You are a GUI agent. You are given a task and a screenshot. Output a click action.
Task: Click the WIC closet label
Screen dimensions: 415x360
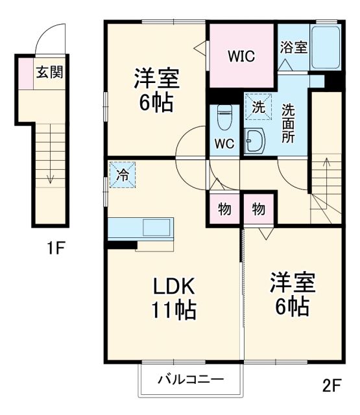(241, 56)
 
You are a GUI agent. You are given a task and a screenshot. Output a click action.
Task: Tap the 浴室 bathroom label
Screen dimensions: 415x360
(293, 47)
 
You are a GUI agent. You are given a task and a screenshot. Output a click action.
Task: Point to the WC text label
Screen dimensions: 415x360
(225, 144)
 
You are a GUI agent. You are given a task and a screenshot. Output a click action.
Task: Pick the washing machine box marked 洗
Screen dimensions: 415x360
(258, 108)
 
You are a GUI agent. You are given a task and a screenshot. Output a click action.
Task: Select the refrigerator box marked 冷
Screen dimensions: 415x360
(122, 174)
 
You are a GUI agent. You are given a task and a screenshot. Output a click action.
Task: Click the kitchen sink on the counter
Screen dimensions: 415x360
(156, 228)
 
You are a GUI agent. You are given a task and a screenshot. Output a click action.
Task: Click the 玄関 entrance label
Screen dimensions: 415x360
(49, 72)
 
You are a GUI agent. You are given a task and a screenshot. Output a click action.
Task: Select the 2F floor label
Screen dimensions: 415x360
(331, 386)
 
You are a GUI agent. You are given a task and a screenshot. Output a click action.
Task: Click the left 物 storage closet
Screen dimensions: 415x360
(224, 209)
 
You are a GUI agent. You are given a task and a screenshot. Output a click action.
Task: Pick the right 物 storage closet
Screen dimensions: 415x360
(258, 209)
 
